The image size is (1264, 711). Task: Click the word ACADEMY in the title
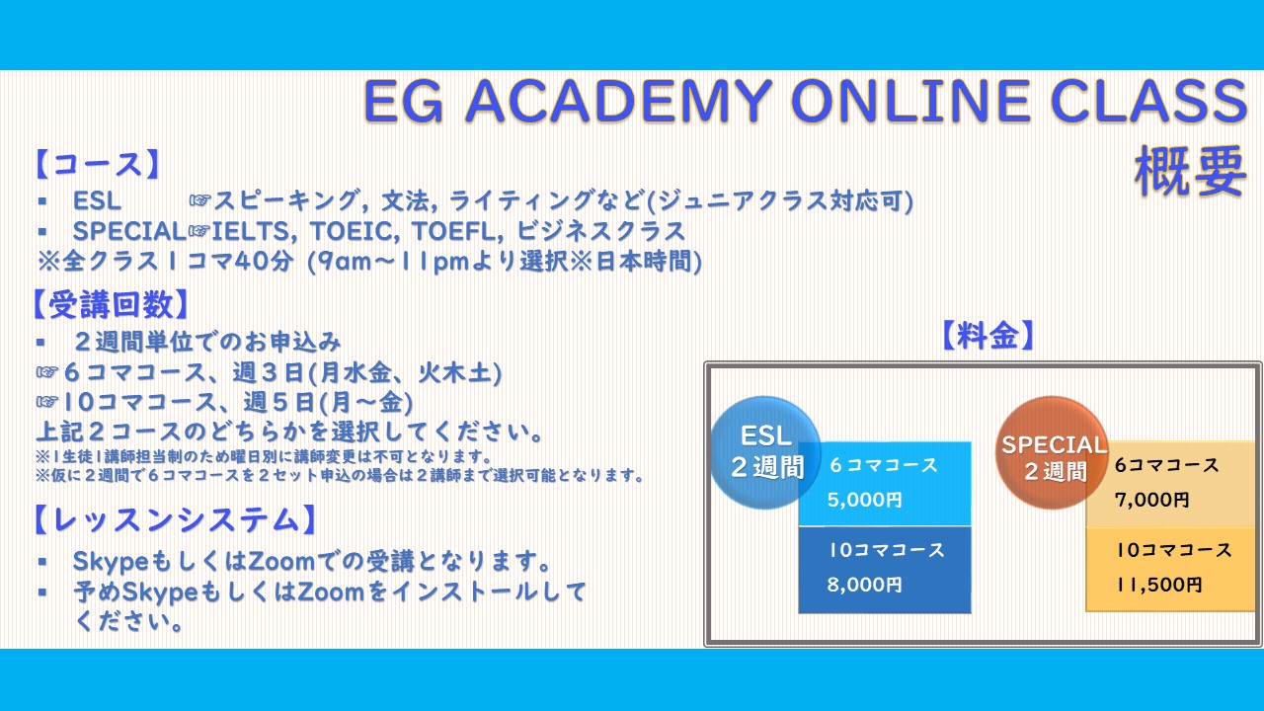coord(618,101)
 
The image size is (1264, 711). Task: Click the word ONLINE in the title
coord(910,101)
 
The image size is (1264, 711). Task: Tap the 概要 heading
coord(1190,171)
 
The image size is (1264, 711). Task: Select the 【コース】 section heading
coord(98,165)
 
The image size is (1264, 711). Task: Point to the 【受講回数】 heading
coord(110,305)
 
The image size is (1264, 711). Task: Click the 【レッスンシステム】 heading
coord(175,519)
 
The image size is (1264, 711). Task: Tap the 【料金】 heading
coord(988,336)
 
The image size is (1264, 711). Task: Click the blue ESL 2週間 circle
coord(764,452)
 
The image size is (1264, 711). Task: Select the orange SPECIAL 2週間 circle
coord(1052,452)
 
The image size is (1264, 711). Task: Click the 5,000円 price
coord(864,500)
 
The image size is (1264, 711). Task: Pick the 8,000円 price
coord(864,585)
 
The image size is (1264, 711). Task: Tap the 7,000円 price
coord(1151,500)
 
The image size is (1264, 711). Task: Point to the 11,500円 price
coord(1159,585)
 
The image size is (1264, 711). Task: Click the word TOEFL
coord(454,231)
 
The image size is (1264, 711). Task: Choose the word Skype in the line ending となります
coord(110,562)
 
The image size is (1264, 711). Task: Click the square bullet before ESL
coord(41,200)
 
